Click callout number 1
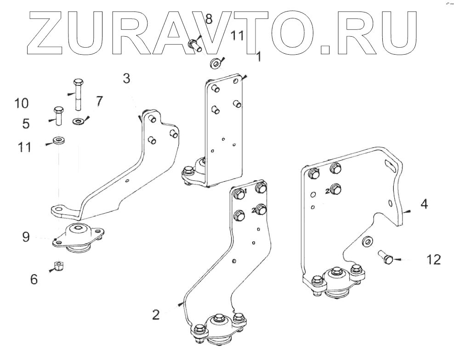258,56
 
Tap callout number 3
126,79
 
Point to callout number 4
424,204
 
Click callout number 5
27,123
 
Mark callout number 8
209,19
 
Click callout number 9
26,237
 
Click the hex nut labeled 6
58,265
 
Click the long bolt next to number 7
78,94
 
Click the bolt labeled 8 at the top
195,45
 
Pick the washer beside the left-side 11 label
58,139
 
